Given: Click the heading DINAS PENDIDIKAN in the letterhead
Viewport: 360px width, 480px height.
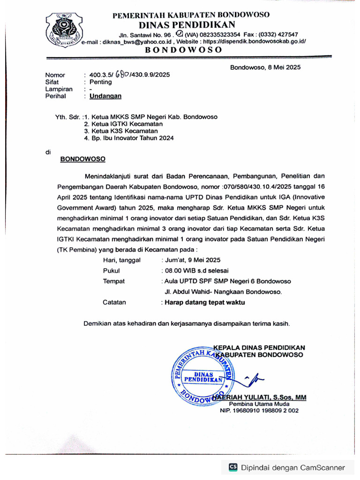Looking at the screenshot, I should (187, 24).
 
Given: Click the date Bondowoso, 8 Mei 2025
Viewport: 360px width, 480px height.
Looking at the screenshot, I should (265, 67).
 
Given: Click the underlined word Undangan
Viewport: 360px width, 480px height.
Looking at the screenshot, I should (105, 96).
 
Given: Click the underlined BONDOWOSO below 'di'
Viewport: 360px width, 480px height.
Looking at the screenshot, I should (83, 159).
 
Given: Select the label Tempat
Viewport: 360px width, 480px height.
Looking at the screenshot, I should (114, 281).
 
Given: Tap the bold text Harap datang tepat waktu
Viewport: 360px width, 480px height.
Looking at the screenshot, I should (203, 302).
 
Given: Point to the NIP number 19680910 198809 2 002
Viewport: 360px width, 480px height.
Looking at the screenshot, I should (259, 411).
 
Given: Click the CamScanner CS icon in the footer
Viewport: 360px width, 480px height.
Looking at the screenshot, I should (233, 467).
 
